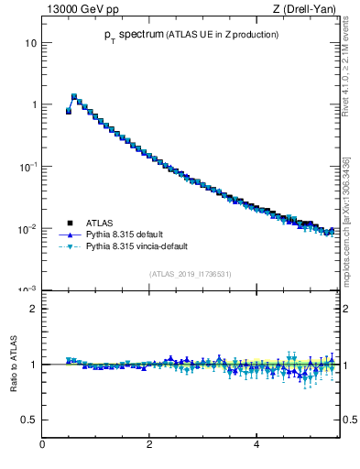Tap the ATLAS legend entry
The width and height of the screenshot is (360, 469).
click(100, 223)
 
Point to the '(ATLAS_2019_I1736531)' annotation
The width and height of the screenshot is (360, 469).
click(189, 274)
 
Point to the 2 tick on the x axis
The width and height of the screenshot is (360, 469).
click(149, 445)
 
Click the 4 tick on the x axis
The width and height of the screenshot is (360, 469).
click(256, 445)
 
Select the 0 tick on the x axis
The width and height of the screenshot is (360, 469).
click(42, 445)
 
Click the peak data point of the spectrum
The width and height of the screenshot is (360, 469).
click(74, 95)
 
